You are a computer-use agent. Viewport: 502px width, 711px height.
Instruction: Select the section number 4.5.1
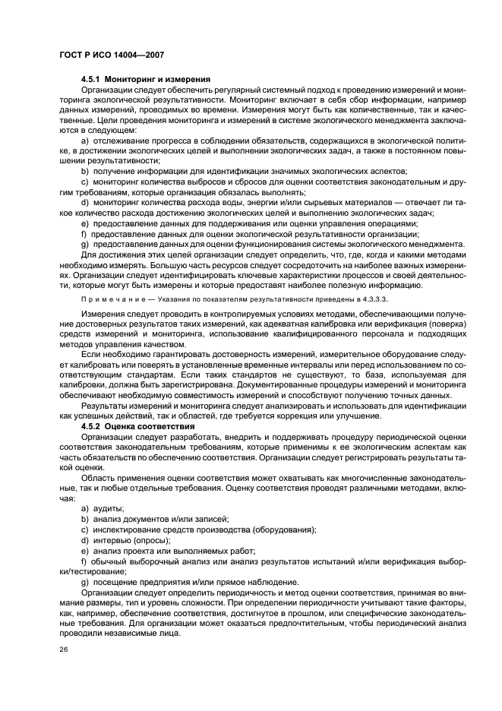click(91, 80)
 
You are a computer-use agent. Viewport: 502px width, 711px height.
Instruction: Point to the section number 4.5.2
click(91, 426)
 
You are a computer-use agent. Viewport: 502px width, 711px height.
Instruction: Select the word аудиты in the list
click(109, 507)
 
